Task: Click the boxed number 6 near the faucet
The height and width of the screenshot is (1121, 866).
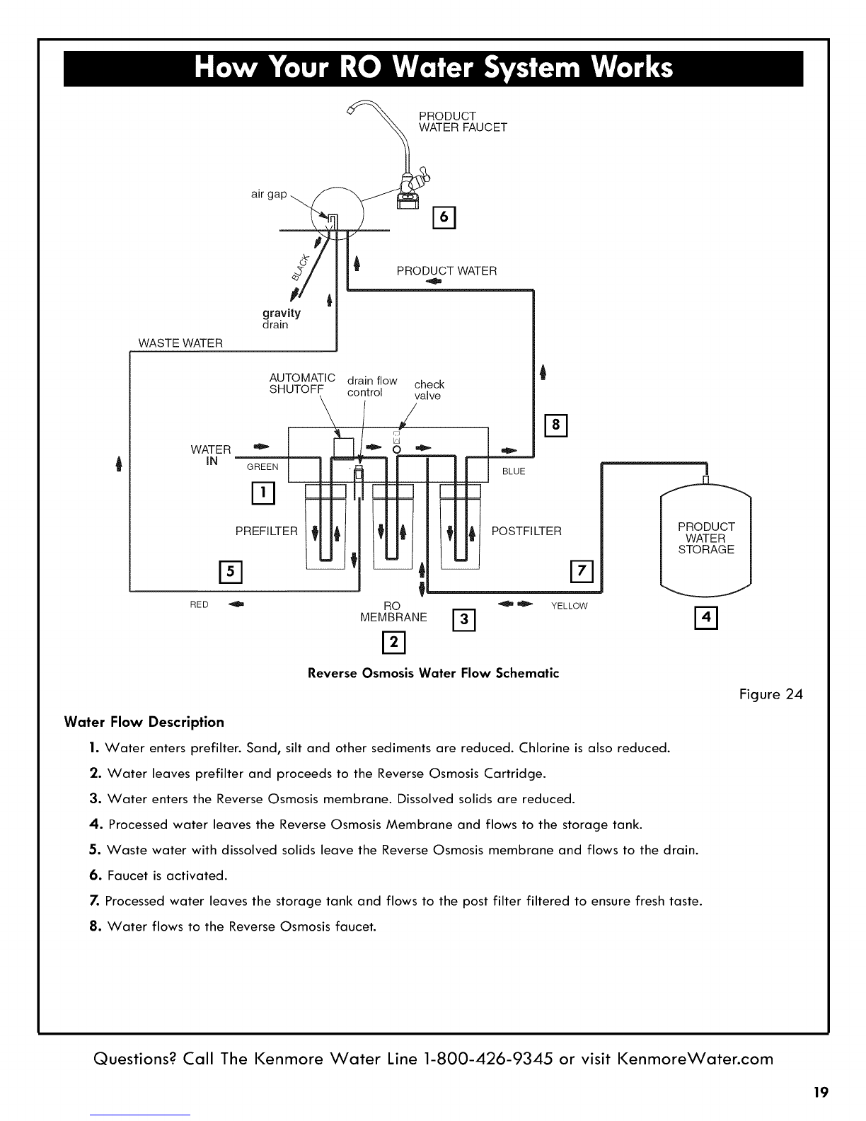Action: [444, 217]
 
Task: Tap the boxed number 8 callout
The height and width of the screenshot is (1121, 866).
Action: [555, 425]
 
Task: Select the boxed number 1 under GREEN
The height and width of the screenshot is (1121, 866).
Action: [263, 493]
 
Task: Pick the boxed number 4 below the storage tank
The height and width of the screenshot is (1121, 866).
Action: [706, 618]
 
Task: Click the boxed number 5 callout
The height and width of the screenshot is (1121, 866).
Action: [231, 572]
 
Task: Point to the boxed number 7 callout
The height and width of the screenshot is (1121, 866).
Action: [582, 571]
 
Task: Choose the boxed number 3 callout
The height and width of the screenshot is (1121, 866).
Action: [463, 619]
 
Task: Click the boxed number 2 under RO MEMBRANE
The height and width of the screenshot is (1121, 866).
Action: [393, 643]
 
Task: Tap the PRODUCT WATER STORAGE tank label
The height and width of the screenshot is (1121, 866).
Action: [706, 538]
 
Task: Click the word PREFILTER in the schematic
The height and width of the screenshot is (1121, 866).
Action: [266, 531]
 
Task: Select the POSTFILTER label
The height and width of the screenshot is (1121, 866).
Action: [526, 531]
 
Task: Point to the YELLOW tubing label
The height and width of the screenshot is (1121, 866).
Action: [569, 606]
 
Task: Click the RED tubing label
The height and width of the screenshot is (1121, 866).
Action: [199, 604]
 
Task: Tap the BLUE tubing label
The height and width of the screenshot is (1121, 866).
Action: [514, 471]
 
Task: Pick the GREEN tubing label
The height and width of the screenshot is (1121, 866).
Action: [262, 467]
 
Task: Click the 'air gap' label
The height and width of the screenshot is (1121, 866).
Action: [269, 194]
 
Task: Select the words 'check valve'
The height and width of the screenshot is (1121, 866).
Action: [429, 390]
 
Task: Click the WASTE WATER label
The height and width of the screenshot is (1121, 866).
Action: [180, 343]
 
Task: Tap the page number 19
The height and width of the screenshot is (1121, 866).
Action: [821, 1092]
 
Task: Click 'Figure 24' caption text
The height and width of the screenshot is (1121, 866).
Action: [771, 694]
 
